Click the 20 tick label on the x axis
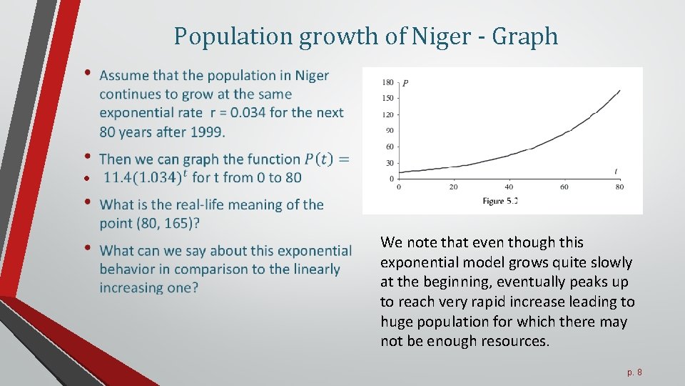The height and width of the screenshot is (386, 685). [x=454, y=187]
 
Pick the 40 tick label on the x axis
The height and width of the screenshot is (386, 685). [x=509, y=187]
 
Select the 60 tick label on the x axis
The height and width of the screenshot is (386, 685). [x=564, y=187]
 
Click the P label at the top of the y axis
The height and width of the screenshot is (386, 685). [x=405, y=83]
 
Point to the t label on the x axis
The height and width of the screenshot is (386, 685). [x=616, y=171]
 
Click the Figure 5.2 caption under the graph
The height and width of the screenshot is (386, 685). [x=500, y=201]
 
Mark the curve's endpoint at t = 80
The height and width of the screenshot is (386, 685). [x=619, y=91]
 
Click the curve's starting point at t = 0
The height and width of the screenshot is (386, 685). [x=398, y=172]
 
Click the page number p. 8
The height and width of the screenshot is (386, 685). [x=634, y=372]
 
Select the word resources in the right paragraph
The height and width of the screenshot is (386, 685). [x=513, y=341]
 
